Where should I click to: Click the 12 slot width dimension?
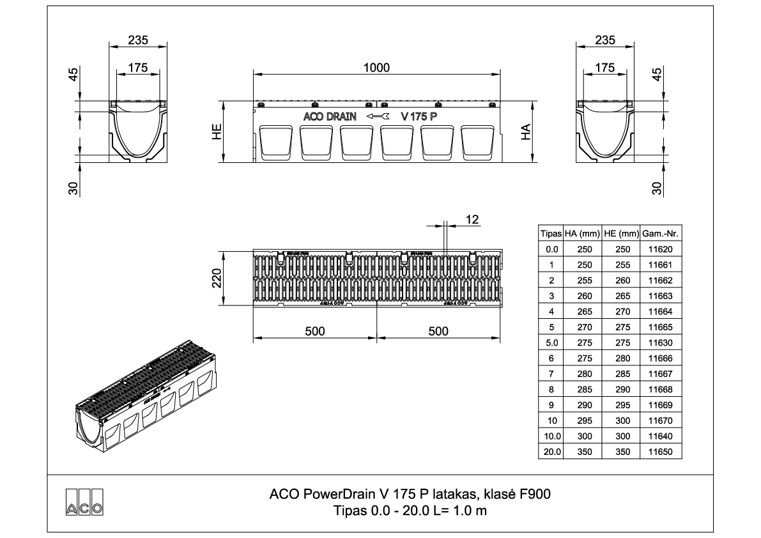[472, 219]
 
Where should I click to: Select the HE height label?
[218, 132]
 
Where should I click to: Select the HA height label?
[526, 132]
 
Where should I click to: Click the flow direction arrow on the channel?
[377, 117]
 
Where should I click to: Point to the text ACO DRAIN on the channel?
[330, 117]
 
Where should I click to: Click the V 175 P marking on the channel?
[423, 117]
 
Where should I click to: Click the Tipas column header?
[551, 234]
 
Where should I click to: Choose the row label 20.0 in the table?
[551, 452]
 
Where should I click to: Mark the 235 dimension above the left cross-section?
[138, 40]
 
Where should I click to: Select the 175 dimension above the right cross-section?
[604, 67]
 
